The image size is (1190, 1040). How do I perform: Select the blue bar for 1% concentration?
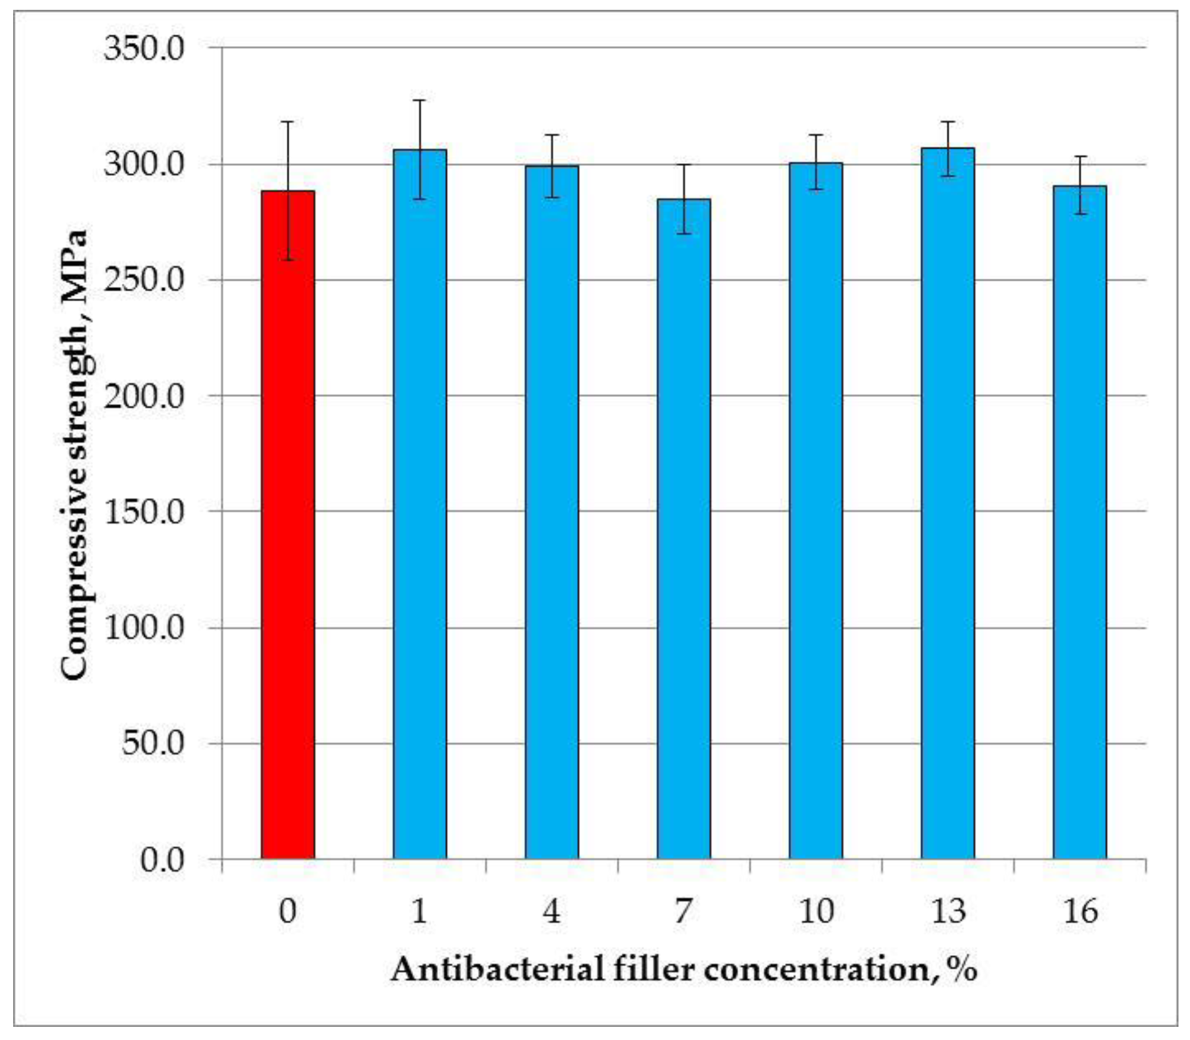coord(419,505)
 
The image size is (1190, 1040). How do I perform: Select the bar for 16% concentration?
coord(1080,522)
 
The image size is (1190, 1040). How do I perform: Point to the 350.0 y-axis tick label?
coord(144,48)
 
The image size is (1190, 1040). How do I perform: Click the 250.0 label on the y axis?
coord(144,280)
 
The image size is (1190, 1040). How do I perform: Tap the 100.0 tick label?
coord(144,628)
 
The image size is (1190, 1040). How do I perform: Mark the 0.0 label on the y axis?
coord(162,859)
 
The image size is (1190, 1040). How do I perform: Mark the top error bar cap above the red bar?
coord(287,122)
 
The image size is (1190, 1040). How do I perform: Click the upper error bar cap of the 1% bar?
coord(419,100)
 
